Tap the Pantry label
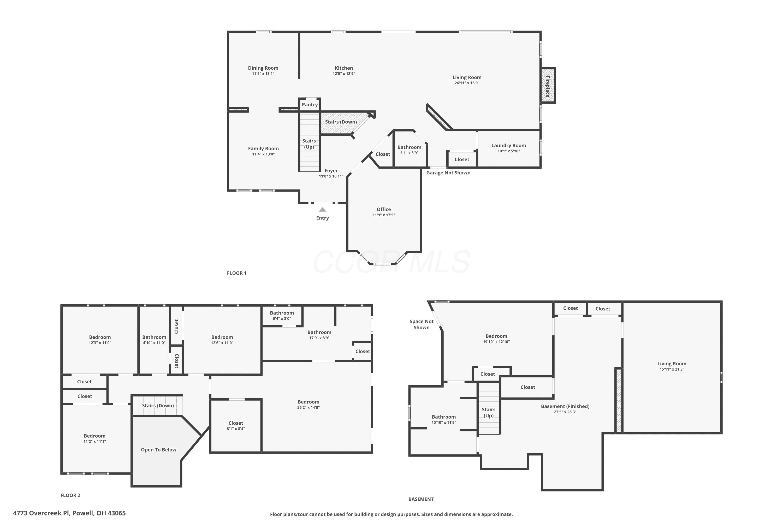[x=310, y=105]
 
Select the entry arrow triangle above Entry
[x=322, y=209]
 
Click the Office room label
[x=383, y=209]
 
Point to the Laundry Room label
[x=509, y=145]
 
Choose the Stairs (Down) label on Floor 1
[x=341, y=122]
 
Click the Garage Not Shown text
[x=448, y=173]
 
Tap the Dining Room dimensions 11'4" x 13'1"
[x=263, y=74]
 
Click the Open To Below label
[x=158, y=450]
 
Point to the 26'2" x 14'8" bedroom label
[x=309, y=405]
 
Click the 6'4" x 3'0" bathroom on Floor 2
[x=282, y=316]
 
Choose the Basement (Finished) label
[x=565, y=406]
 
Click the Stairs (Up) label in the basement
[x=488, y=412]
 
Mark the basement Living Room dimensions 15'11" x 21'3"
[x=672, y=369]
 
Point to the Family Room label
[x=263, y=149]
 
